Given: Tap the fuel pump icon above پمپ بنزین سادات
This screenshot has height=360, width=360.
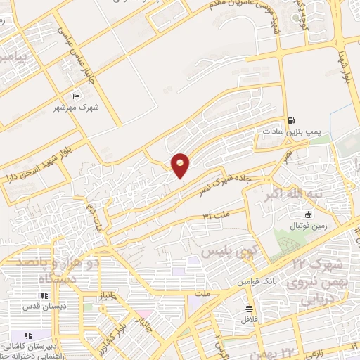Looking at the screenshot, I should click(290, 120).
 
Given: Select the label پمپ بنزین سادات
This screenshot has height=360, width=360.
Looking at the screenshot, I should click(287, 131).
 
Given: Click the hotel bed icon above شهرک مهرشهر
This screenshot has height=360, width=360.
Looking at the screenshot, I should click(76, 96).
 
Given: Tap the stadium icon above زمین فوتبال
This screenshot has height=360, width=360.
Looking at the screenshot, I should click(308, 214).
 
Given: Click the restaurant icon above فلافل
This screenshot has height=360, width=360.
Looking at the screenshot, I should click(249, 309).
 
